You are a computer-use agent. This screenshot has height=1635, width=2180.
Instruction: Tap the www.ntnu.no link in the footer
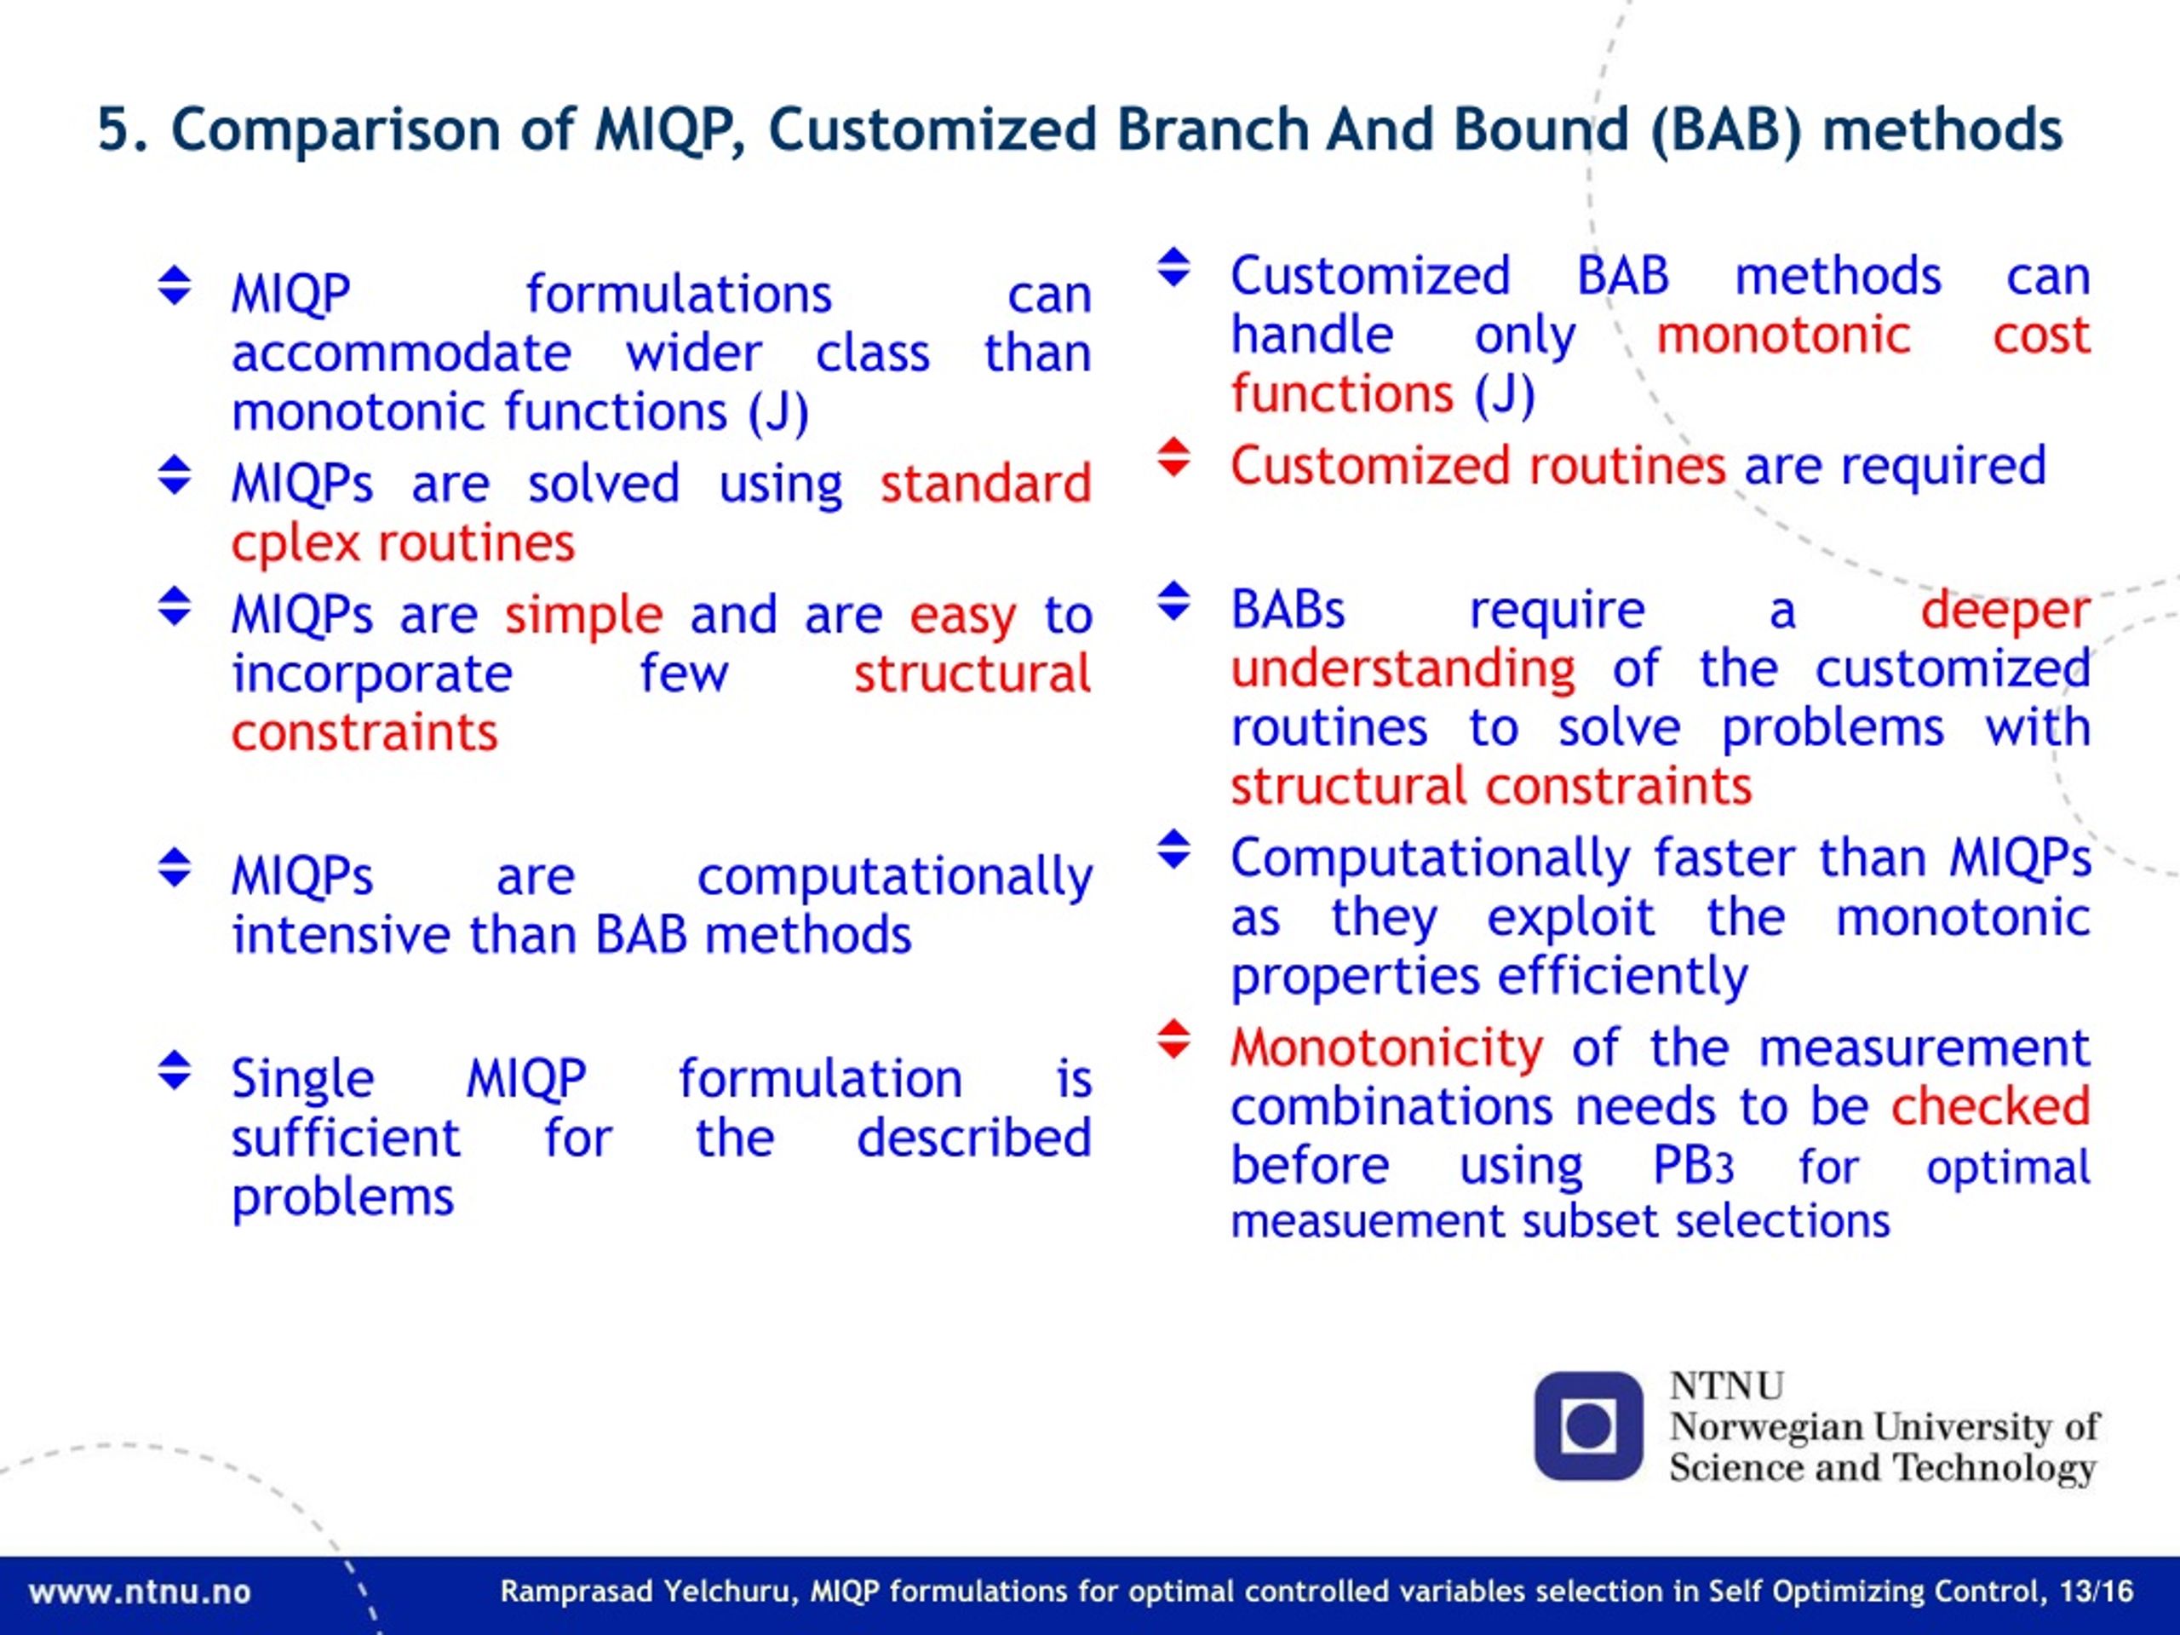[x=140, y=1592]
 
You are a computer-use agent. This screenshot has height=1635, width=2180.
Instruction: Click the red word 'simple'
[x=583, y=615]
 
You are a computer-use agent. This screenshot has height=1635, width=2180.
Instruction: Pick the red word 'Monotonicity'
[x=1386, y=1048]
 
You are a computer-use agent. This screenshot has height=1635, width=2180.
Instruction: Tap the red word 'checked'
[x=1990, y=1106]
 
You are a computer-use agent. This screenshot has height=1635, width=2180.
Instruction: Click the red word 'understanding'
[x=1403, y=670]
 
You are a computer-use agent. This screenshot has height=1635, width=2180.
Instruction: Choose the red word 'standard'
[x=985, y=484]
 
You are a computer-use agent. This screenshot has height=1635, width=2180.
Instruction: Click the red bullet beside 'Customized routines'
[x=1173, y=457]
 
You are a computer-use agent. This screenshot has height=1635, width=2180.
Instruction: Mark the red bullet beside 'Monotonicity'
[x=1173, y=1039]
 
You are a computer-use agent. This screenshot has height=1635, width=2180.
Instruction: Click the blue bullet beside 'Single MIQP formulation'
[x=175, y=1070]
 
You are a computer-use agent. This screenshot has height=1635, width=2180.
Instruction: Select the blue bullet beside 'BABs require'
[x=1173, y=601]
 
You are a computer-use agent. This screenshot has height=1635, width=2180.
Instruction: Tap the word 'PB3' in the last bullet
[x=1692, y=1166]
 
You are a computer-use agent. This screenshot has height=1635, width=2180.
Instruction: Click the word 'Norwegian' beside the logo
[x=1766, y=1427]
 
